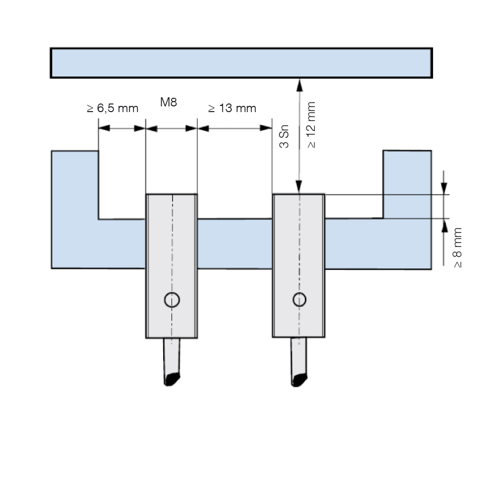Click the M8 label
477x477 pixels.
[168, 102]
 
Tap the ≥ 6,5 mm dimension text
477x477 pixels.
[113, 108]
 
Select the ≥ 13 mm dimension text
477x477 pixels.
[232, 108]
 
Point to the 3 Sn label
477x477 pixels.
[284, 136]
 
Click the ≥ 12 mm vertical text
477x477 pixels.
[311, 125]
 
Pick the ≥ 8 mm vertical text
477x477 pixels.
[457, 248]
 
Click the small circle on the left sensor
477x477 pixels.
[172, 300]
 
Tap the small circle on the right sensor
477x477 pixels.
[300, 300]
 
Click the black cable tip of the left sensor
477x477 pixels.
[172, 379]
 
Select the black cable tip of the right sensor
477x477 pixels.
[300, 380]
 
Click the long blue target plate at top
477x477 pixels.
[241, 63]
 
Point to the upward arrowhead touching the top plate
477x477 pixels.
[300, 85]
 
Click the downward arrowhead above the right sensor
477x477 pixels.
[299, 187]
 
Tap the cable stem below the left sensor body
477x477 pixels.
[172, 356]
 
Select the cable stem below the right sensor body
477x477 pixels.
[299, 356]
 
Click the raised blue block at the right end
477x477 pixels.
[407, 184]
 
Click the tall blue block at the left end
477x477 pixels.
[75, 209]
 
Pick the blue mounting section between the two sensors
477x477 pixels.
[235, 244]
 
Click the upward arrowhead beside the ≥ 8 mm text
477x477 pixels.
[445, 226]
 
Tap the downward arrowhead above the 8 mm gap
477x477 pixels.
[444, 187]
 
